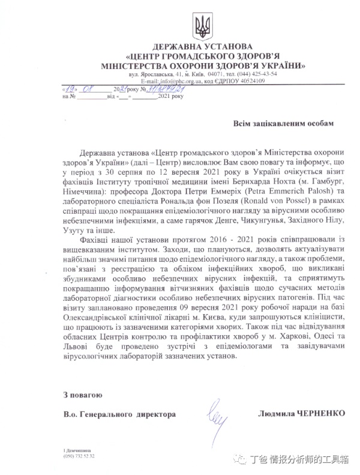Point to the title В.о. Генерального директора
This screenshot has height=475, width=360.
(x=119, y=414)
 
